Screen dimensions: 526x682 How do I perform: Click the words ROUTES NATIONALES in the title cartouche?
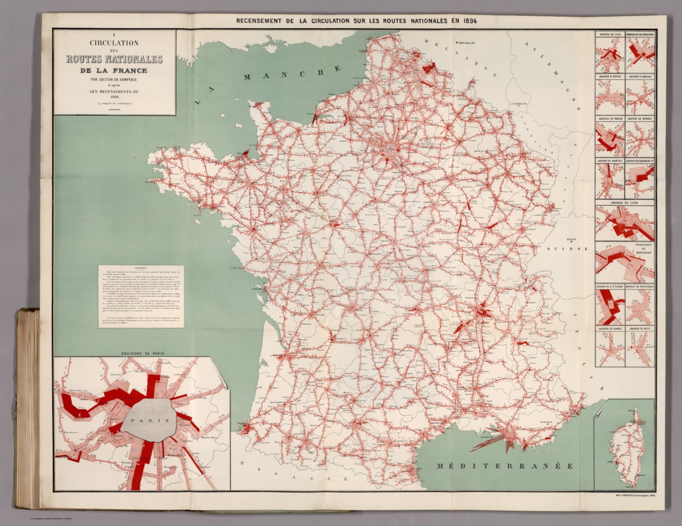114,59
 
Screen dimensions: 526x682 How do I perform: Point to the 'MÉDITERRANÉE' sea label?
504,466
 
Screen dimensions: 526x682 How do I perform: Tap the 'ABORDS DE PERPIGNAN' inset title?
640,287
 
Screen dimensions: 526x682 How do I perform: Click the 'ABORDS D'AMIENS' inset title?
640,76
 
